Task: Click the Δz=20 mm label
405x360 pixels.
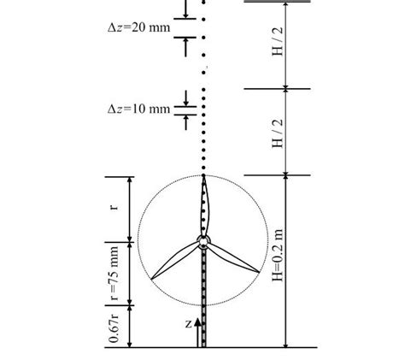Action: [x=134, y=27]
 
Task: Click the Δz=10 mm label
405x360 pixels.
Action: [x=134, y=109]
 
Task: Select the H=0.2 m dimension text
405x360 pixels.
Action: [x=278, y=261]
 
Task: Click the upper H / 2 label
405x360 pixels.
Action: [x=278, y=44]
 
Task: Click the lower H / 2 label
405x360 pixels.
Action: [x=278, y=132]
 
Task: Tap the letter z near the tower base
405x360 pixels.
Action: [x=188, y=324]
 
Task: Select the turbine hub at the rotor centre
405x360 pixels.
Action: [x=203, y=241]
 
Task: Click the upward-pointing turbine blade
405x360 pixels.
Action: [x=204, y=205]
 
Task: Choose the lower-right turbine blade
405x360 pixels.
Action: [x=232, y=259]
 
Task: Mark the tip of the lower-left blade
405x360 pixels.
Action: [x=152, y=279]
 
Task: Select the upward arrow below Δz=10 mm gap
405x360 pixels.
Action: [x=185, y=121]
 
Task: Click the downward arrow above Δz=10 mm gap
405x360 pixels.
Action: [x=185, y=97]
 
